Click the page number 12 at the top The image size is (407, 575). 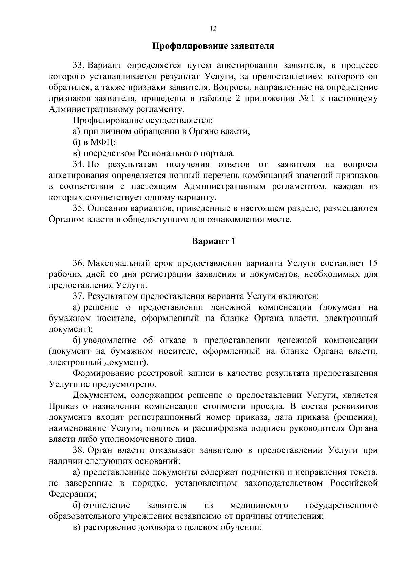[x=213, y=29]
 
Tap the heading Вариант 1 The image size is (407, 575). [x=213, y=241]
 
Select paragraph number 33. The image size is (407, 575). [x=78, y=65]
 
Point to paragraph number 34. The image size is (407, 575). [x=78, y=165]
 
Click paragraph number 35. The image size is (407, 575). [x=78, y=208]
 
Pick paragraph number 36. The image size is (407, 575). [x=78, y=263]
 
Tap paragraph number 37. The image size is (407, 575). [x=78, y=296]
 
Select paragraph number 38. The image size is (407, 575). [x=78, y=450]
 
